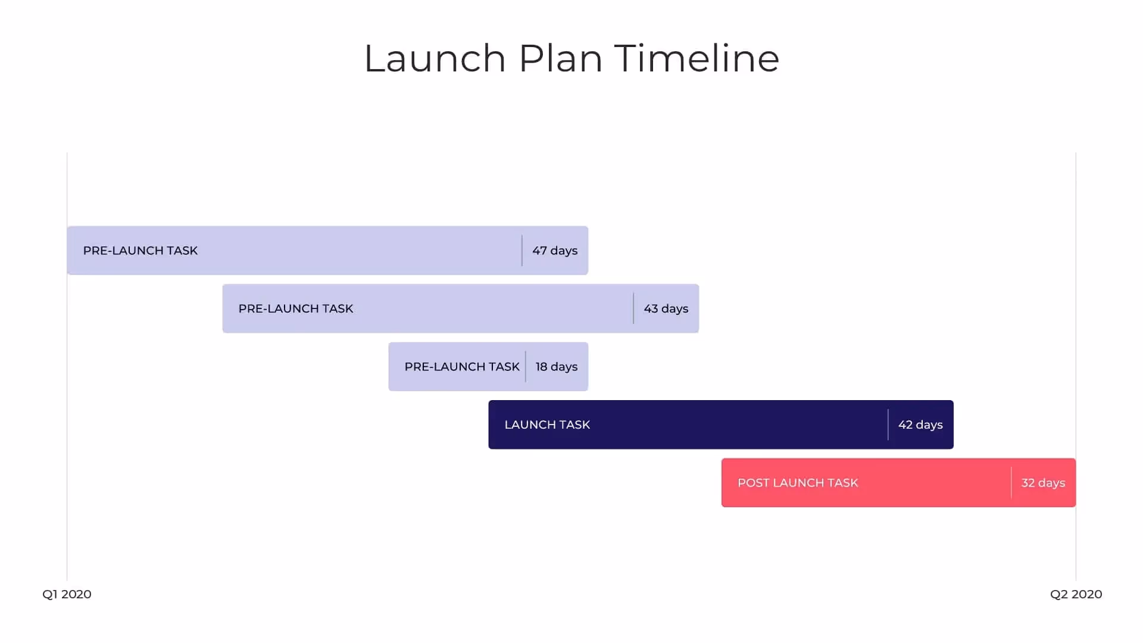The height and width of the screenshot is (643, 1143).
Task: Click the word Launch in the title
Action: (435, 58)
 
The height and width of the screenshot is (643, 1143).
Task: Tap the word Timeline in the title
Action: (697, 58)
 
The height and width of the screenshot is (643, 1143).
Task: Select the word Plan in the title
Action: (560, 58)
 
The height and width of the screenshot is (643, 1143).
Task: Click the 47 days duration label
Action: (555, 251)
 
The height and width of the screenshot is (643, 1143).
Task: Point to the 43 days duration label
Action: (666, 308)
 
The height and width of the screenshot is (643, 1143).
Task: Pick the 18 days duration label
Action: (557, 367)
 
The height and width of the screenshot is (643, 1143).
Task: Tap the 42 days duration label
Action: (920, 424)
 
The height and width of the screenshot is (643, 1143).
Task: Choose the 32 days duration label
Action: (1043, 483)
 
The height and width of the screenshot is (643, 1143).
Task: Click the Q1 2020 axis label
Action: (67, 594)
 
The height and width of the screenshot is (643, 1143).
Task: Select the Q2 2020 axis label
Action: (1076, 594)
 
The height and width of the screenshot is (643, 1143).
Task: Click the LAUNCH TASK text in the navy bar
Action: (547, 424)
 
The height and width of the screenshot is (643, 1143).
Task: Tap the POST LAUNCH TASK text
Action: (798, 483)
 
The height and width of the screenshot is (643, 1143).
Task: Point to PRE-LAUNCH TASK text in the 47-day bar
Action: (140, 251)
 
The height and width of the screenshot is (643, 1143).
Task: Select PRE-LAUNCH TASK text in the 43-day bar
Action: (296, 308)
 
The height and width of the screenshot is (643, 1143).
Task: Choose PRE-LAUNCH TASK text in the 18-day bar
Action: (462, 367)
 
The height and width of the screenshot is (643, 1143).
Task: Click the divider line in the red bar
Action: (1011, 483)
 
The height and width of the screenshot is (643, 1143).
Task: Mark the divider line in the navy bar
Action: (888, 424)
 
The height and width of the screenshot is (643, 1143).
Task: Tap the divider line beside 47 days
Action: (522, 251)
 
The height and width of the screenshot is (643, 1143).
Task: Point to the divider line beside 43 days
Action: (633, 308)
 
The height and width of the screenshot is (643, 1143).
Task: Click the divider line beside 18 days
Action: (526, 367)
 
